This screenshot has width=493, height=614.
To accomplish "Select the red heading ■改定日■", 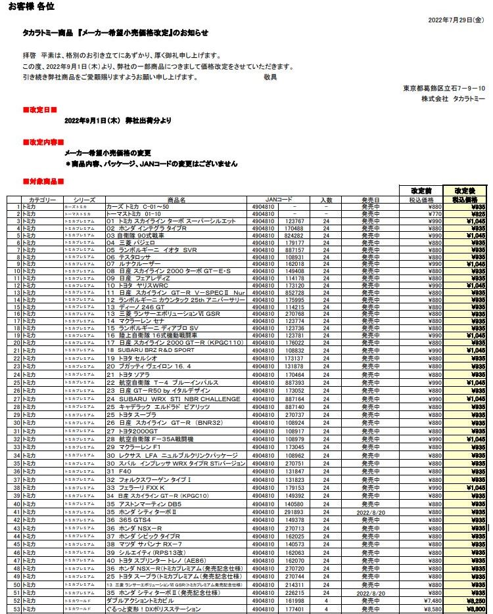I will click(x=39, y=110).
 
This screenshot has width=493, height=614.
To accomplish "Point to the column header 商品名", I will click(x=176, y=199).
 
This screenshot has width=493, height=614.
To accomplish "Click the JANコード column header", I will click(x=278, y=199).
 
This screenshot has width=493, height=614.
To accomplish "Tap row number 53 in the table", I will click(x=15, y=609).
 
